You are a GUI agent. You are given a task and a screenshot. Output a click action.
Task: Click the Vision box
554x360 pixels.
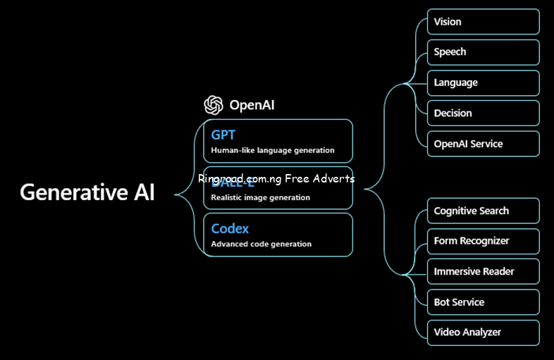[x=483, y=22]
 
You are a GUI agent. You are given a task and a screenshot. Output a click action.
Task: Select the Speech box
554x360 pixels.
[x=483, y=52]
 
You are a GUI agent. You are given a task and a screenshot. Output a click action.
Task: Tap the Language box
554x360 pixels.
[x=483, y=82]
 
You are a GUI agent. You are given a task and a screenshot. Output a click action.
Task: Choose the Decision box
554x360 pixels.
[x=483, y=113]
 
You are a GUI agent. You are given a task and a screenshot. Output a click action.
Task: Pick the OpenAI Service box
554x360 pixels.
[x=483, y=144]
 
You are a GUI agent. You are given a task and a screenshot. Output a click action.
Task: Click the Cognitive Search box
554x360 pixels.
[x=483, y=211]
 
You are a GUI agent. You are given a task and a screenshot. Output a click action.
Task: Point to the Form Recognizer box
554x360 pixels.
[x=483, y=241]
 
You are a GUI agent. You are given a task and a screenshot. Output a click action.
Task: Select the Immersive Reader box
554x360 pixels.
[x=483, y=271]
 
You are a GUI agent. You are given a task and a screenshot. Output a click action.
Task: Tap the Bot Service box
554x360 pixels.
[x=483, y=302]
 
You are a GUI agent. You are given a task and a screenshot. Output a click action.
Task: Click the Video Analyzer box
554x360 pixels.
[x=483, y=333]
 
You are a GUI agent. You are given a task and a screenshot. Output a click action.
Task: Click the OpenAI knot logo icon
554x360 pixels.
[x=214, y=105]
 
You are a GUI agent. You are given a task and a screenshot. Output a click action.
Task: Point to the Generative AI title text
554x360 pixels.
[x=87, y=192]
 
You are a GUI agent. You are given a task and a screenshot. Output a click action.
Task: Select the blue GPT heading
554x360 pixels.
[x=223, y=134]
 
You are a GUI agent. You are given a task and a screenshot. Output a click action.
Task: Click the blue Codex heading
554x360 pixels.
[x=230, y=229]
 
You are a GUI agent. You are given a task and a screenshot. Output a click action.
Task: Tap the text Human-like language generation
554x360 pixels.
[x=273, y=150]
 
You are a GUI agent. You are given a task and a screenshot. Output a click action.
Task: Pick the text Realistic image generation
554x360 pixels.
[x=260, y=197]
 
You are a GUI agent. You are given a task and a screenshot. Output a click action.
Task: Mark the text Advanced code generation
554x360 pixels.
[x=261, y=244]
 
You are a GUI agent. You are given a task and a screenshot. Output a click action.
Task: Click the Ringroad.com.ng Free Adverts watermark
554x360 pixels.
[x=276, y=179]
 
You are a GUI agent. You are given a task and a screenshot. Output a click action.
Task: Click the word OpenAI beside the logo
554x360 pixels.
[x=252, y=106]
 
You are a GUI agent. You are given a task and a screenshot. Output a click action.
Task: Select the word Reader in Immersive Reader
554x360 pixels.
[x=498, y=271]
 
